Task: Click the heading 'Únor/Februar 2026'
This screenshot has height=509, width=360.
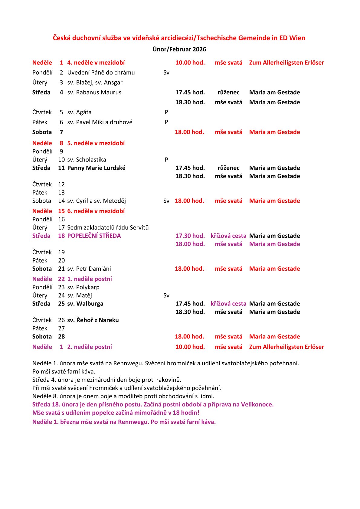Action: click(x=179, y=49)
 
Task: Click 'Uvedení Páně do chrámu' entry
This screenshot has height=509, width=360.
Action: click(x=101, y=73)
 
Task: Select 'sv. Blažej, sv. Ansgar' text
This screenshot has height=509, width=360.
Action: click(x=95, y=83)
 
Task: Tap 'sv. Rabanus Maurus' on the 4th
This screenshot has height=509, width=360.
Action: click(x=94, y=93)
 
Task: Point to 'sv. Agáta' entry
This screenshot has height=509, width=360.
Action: click(x=79, y=112)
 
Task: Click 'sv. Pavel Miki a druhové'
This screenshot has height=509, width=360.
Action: click(x=100, y=122)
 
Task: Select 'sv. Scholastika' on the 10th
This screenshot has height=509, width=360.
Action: click(x=87, y=160)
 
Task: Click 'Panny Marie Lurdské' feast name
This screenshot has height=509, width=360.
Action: click(x=96, y=168)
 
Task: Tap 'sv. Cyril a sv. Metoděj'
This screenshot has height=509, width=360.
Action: click(x=97, y=201)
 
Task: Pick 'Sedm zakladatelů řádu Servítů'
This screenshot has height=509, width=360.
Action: click(x=108, y=227)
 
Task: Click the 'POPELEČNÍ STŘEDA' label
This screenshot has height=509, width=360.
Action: click(x=94, y=236)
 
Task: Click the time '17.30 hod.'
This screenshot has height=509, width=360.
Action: click(x=190, y=236)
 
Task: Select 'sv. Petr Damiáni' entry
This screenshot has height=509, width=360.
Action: click(x=89, y=269)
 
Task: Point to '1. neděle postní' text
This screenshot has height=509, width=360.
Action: click(x=89, y=279)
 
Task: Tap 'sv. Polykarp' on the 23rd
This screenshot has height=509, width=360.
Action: click(x=83, y=287)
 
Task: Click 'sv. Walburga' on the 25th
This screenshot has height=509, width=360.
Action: click(x=85, y=304)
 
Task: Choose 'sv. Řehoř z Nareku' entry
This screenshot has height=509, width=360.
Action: click(x=93, y=320)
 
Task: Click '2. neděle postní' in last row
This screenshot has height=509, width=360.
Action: click(x=89, y=347)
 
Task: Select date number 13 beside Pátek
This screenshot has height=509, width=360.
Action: click(x=61, y=193)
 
